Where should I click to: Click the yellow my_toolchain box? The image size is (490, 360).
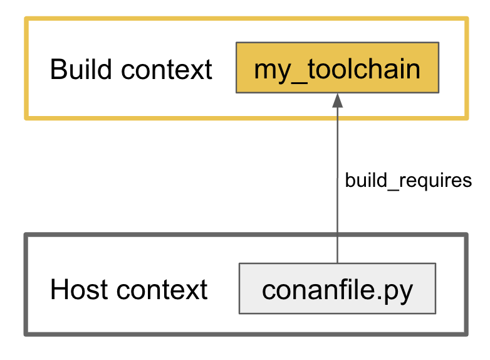(x=338, y=68)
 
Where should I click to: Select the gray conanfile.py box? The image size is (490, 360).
(x=338, y=289)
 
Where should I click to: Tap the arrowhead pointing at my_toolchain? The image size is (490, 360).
(x=338, y=101)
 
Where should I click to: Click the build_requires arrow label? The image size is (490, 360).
(x=408, y=181)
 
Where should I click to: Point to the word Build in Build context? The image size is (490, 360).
(x=81, y=69)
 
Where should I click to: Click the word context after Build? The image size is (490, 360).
(x=167, y=70)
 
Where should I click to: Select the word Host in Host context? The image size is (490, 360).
(x=78, y=289)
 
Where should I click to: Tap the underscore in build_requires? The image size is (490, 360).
(x=393, y=189)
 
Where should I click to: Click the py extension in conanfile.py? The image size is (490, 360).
(x=399, y=293)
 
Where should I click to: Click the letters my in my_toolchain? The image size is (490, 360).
(x=273, y=73)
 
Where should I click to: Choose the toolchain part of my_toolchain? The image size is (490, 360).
(x=364, y=69)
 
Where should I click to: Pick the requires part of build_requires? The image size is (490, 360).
(x=435, y=182)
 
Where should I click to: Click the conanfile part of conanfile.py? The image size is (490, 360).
(x=319, y=289)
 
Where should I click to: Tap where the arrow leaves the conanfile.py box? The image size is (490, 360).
(x=338, y=263)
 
